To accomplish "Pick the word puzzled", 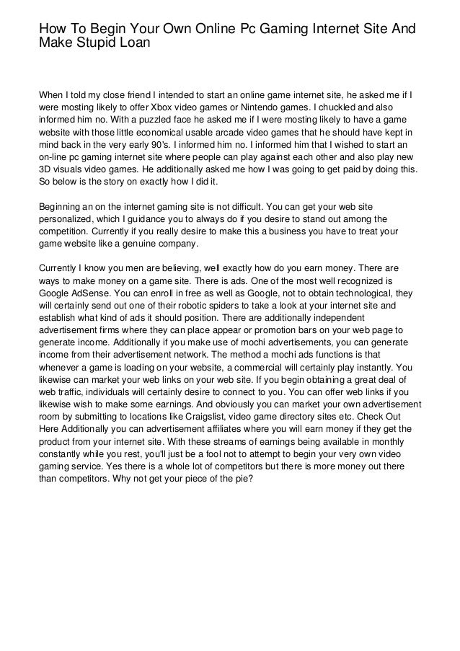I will coord(156,119).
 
